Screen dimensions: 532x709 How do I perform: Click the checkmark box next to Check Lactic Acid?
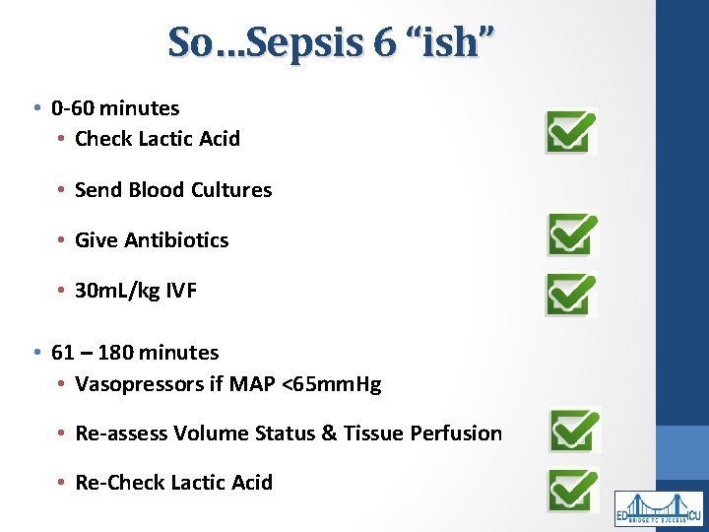pyautogui.click(x=571, y=131)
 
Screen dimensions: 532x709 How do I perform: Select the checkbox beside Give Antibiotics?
pyautogui.click(x=572, y=234)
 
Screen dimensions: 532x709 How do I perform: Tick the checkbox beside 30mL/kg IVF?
pyautogui.click(x=571, y=294)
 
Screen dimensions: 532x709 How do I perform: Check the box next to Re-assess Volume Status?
pyautogui.click(x=574, y=431)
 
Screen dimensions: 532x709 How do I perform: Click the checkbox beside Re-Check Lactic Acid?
pyautogui.click(x=573, y=490)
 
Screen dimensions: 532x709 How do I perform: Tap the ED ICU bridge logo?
pyautogui.click(x=659, y=508)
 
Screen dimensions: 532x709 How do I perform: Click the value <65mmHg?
pyautogui.click(x=331, y=383)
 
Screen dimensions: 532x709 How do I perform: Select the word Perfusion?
pyautogui.click(x=459, y=433)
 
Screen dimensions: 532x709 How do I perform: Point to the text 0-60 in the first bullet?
pyautogui.click(x=75, y=108)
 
